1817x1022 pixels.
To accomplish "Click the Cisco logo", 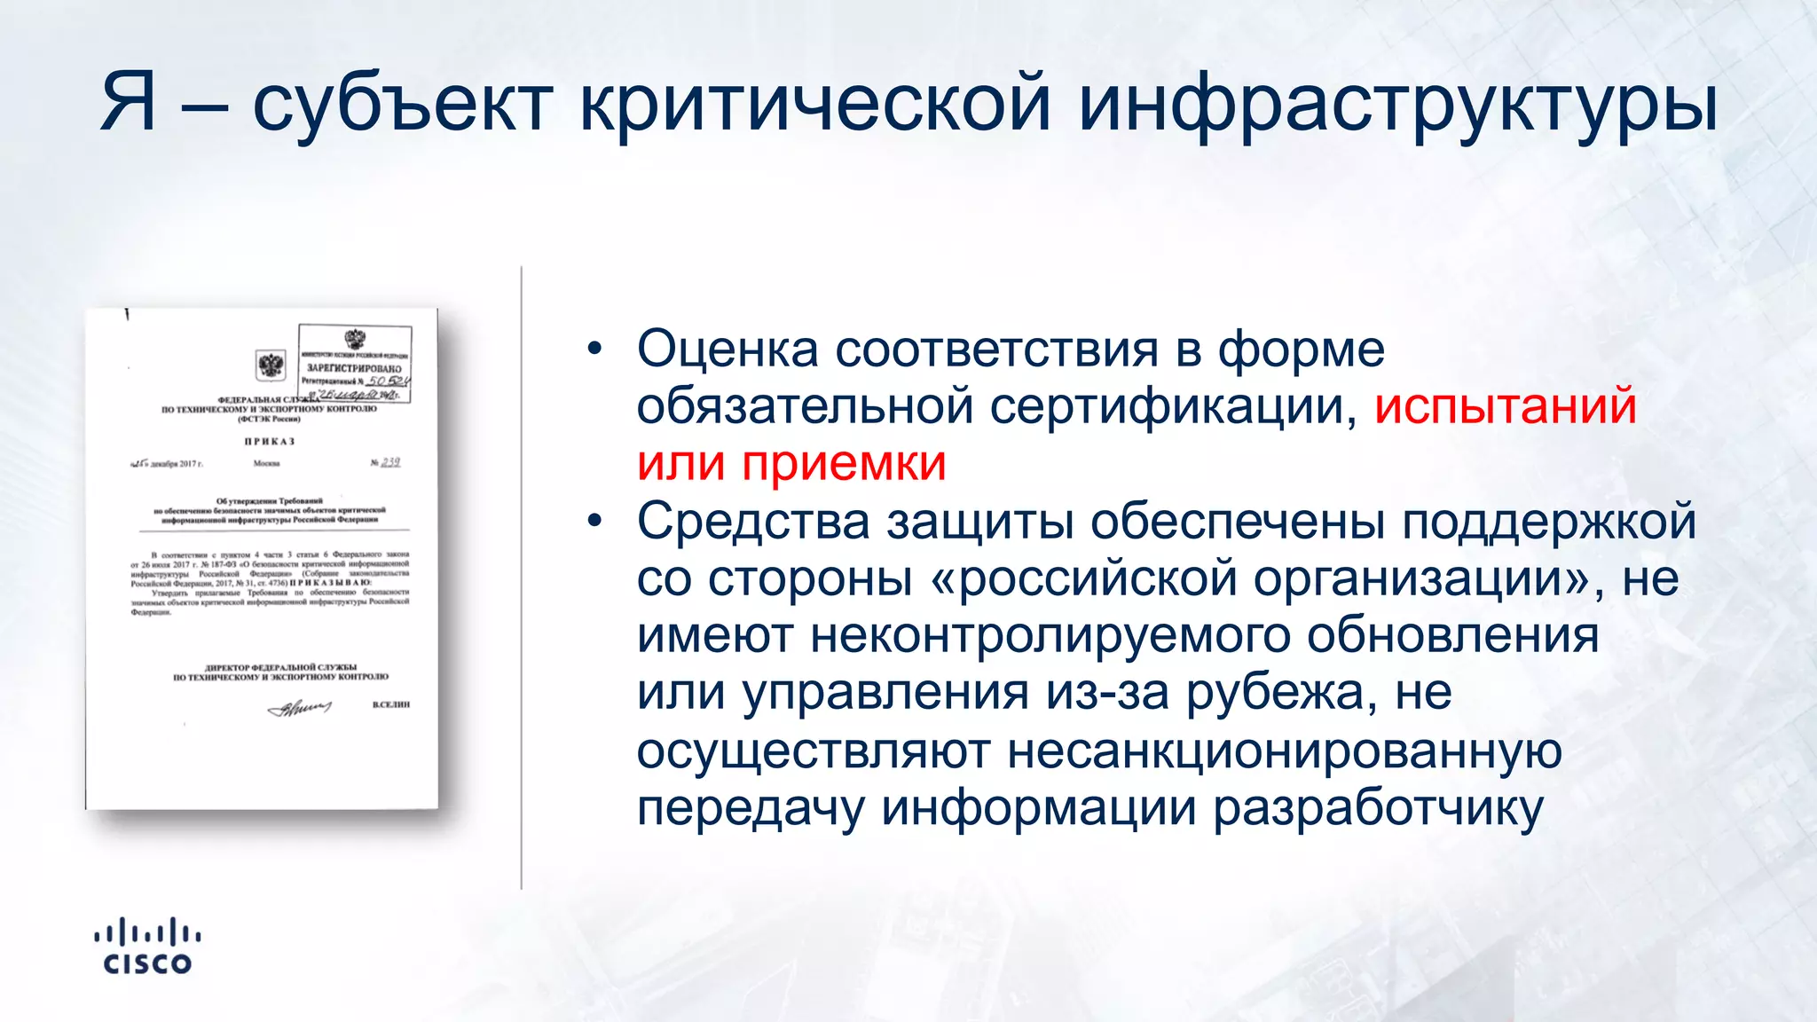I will [x=147, y=947].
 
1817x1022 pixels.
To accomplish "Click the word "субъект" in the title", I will [x=404, y=105].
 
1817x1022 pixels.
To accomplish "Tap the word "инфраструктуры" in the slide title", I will [x=1398, y=105].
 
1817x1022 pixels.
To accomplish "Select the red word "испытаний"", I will [x=1505, y=406].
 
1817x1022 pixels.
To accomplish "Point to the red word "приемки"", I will [x=844, y=464].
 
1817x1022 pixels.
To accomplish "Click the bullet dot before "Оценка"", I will [x=594, y=349].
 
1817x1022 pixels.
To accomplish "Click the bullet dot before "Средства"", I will [x=594, y=521].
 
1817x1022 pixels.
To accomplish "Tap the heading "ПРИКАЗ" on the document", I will [x=270, y=441].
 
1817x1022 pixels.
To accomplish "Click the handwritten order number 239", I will [x=390, y=462].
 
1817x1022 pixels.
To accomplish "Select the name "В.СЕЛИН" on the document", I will [x=391, y=704].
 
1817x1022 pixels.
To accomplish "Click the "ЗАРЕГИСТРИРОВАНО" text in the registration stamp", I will [x=354, y=368].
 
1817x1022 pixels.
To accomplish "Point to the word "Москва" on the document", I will [x=266, y=463].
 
